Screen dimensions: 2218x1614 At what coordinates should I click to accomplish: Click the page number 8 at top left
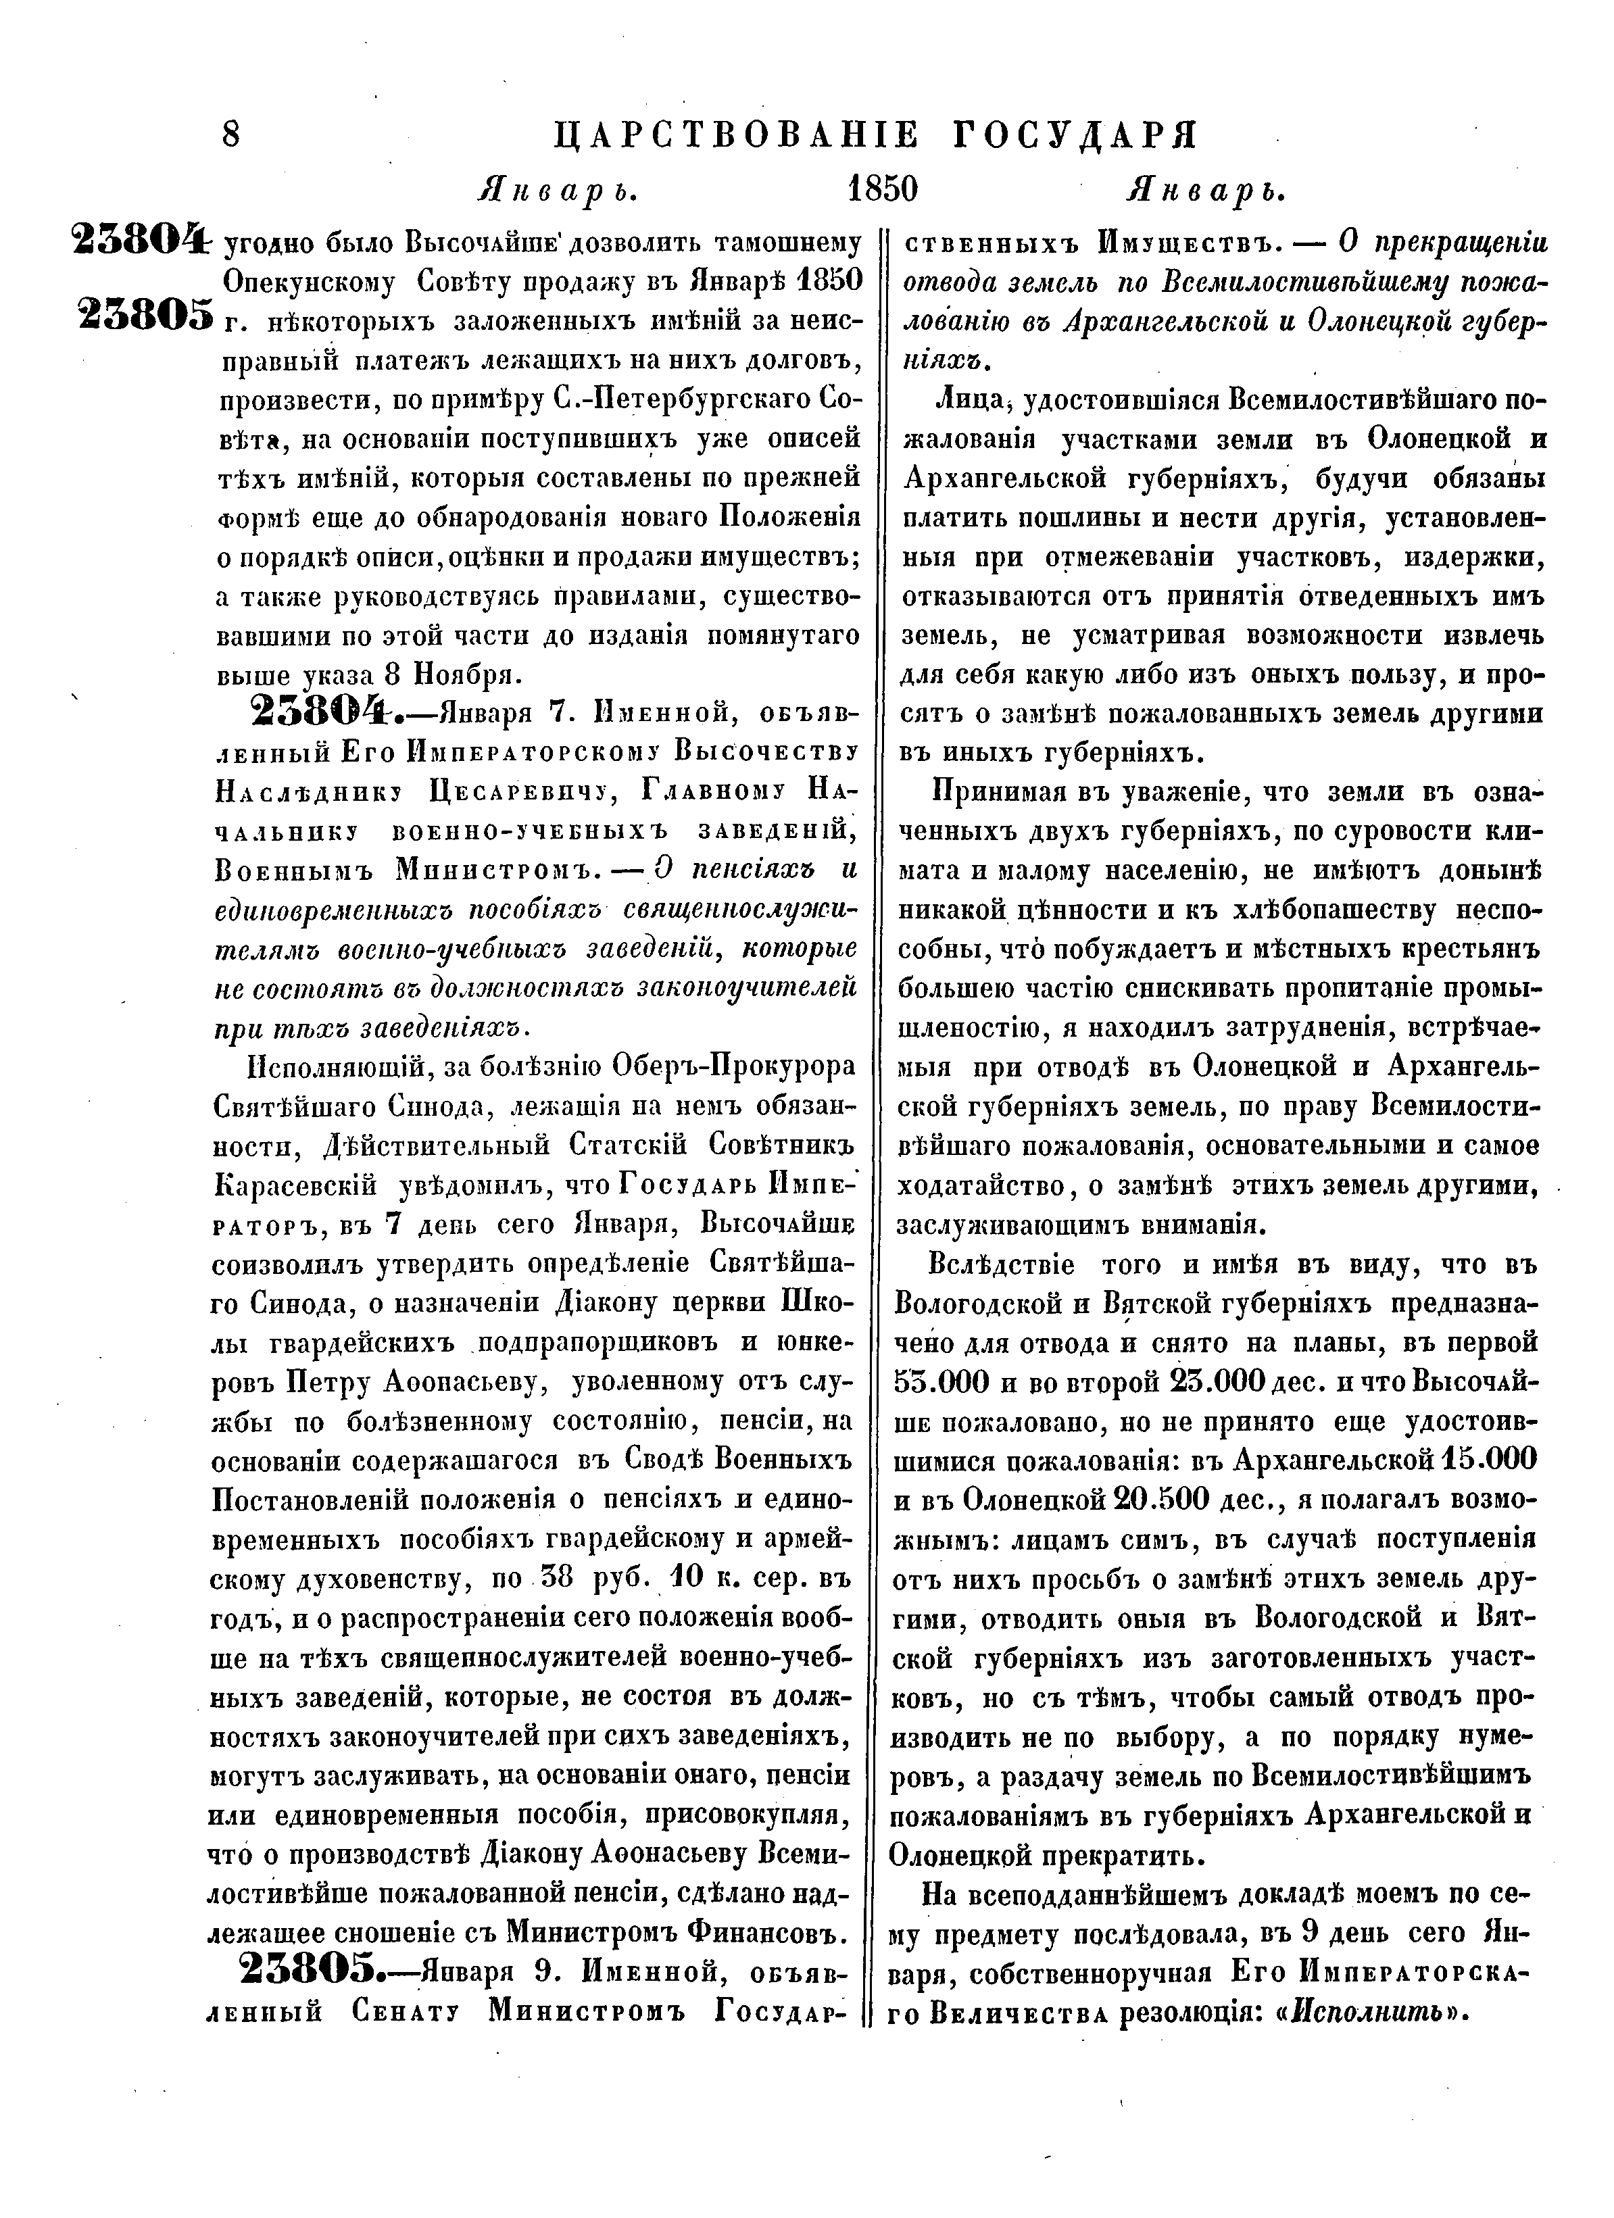[x=231, y=133]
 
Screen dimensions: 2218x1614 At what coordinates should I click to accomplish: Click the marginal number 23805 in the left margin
[x=145, y=315]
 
